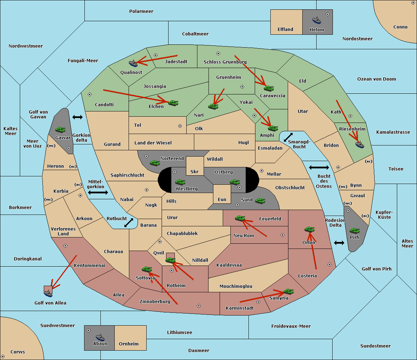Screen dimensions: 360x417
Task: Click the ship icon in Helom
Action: (317, 20)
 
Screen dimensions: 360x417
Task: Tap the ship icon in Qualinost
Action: (133, 63)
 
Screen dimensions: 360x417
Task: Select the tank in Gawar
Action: (60, 129)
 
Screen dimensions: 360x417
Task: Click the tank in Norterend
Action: (155, 163)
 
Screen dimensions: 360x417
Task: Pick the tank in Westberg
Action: (180, 182)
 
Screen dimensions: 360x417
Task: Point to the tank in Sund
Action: (260, 201)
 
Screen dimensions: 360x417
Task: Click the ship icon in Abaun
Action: (100, 337)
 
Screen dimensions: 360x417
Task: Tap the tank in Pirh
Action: (354, 231)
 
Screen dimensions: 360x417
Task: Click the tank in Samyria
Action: (288, 291)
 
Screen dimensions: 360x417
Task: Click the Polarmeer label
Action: (141, 11)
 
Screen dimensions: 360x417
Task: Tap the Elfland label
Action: (285, 30)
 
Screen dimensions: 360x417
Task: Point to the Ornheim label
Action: (129, 344)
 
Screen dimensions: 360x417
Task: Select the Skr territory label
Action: (195, 171)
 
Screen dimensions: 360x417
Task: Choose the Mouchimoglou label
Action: (236, 286)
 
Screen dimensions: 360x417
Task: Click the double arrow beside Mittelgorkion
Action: (98, 192)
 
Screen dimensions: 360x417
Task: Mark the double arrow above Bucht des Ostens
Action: (319, 168)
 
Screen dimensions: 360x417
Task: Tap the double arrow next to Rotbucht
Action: (129, 223)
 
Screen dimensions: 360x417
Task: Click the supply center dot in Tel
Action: (180, 126)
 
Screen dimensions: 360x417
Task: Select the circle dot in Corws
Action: (3, 357)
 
